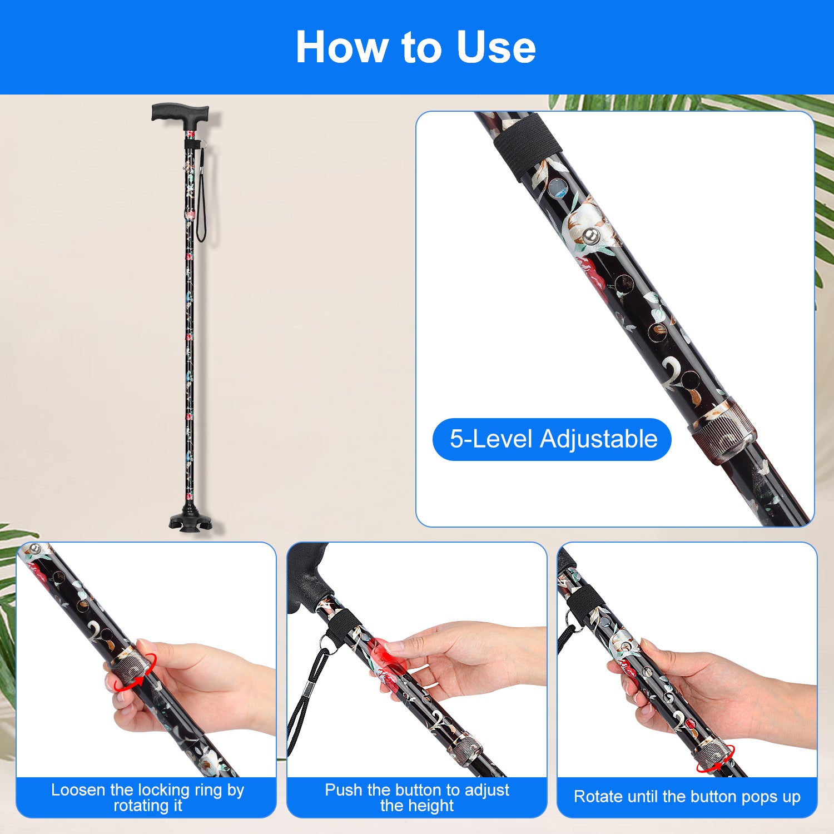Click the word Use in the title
496,47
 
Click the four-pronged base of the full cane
191,519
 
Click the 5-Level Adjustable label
553,439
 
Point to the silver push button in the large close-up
591,236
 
